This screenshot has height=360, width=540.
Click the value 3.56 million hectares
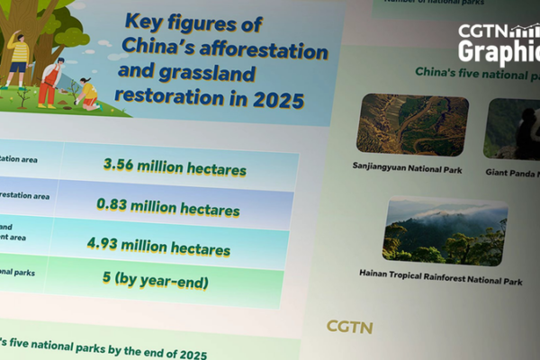[175, 166]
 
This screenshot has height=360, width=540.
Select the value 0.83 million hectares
[168, 207]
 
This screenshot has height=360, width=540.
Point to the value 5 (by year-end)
[155, 282]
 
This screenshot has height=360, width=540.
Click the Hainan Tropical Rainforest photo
[445, 232]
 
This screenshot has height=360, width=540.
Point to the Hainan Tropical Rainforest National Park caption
[440, 281]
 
